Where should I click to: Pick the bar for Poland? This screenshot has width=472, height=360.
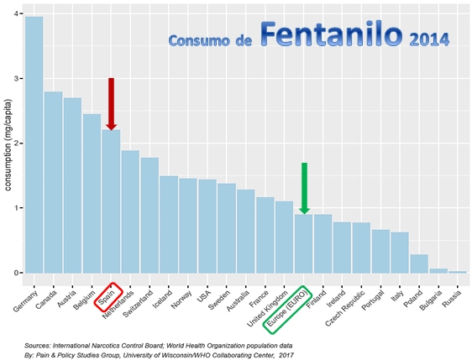pos(418,263)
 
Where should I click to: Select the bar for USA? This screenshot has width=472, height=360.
pos(207,226)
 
